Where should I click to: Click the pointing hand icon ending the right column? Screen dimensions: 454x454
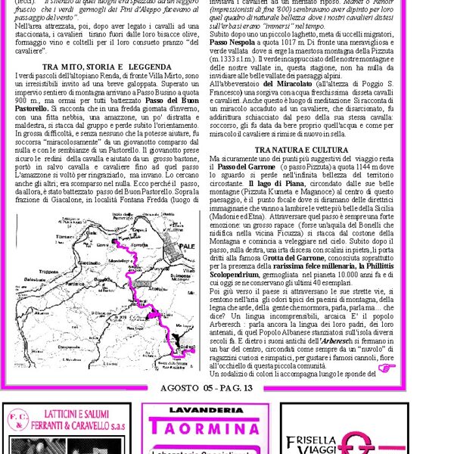[x=387, y=369]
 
